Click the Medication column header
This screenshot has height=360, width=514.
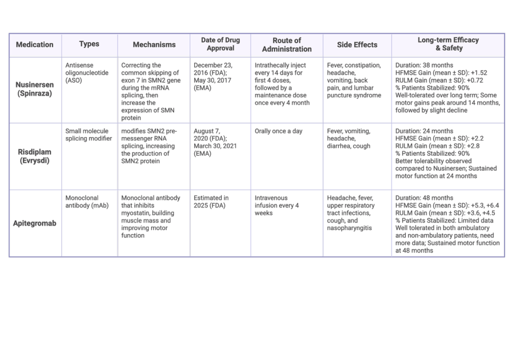pos(35,45)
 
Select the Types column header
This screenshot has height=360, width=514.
pos(89,44)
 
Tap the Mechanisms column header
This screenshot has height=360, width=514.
pos(154,45)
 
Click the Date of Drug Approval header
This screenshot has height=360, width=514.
pos(220,44)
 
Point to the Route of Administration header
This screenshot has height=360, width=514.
pos(287,45)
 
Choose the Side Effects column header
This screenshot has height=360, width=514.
pos(357,45)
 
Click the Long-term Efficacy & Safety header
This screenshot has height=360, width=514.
pos(448,44)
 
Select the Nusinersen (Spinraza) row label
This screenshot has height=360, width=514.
pos(35,89)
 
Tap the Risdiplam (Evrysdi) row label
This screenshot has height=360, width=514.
pos(35,156)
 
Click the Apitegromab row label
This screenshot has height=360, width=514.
pos(35,223)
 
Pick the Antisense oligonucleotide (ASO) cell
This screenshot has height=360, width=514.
pos(87,73)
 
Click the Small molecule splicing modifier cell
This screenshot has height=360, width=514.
pos(88,135)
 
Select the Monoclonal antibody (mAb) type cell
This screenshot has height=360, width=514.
pos(87,202)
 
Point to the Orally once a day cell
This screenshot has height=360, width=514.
pos(278,131)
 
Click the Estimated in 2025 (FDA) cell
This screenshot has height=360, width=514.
pos(211,202)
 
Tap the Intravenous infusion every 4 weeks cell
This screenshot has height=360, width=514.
pos(277,205)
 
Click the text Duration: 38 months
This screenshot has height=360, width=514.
pos(424,65)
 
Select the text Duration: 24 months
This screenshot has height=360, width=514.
pos(424,131)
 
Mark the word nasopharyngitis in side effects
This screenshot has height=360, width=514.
pos(349,228)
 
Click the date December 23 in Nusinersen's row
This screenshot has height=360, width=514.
pos(213,65)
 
